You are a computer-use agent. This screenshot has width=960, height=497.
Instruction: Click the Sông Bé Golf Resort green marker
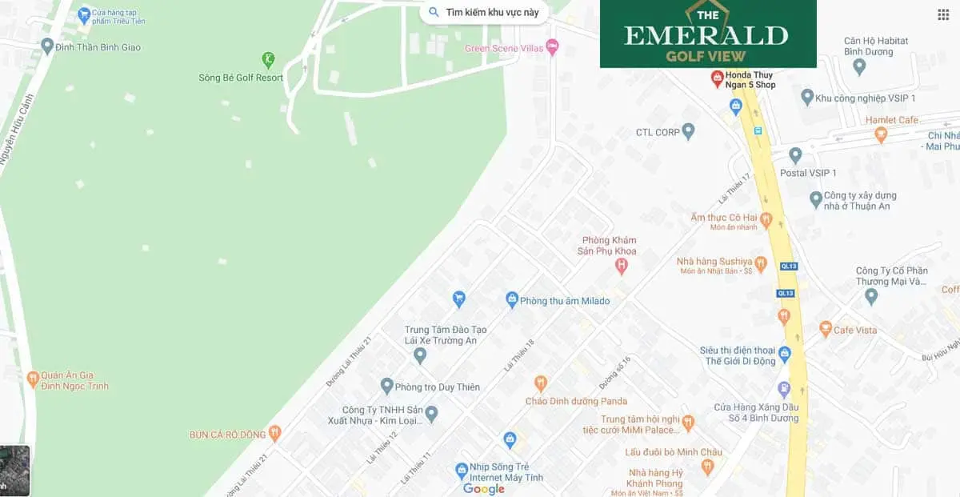[x=269, y=59]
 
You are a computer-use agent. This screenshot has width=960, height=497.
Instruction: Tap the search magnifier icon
[x=434, y=12]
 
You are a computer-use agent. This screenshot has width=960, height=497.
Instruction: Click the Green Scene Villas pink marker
[x=552, y=48]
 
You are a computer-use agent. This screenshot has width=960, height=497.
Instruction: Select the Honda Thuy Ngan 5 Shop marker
[x=718, y=78]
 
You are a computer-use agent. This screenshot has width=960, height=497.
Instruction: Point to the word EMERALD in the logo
[x=706, y=35]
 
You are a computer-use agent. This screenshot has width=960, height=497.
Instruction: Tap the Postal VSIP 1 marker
[x=794, y=155]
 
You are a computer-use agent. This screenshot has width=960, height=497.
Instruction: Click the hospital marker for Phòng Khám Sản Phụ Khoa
[x=621, y=267]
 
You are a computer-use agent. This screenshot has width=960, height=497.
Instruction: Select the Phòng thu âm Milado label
[x=564, y=301]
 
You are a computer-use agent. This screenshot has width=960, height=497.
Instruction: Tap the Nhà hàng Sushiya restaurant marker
[x=761, y=263]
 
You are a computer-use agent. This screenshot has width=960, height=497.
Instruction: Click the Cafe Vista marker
[x=826, y=329]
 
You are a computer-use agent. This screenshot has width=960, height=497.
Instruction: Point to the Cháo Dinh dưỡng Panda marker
[x=541, y=383]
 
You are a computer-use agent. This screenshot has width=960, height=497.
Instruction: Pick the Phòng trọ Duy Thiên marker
[x=387, y=386]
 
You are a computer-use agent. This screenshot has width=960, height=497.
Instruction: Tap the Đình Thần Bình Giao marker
[x=47, y=46]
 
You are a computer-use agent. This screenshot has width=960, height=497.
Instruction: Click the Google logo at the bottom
[x=484, y=488]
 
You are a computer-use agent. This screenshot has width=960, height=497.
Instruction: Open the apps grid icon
[x=943, y=14]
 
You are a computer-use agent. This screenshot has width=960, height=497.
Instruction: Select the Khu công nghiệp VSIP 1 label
[x=865, y=98]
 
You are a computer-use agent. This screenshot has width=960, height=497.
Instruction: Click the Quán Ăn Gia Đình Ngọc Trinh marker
[x=33, y=377]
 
